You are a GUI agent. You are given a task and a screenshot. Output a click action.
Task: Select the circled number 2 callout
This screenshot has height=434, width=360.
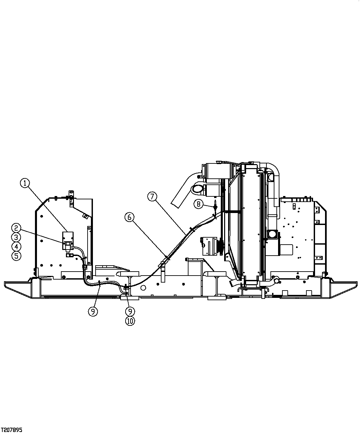click(16, 228)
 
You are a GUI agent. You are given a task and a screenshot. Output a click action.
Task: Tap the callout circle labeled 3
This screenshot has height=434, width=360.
click(16, 237)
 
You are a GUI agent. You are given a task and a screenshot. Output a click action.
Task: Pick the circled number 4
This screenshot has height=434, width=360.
click(16, 247)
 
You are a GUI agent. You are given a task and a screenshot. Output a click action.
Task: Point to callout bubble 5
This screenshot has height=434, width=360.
click(16, 256)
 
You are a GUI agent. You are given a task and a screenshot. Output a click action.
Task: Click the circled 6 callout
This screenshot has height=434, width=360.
click(130, 217)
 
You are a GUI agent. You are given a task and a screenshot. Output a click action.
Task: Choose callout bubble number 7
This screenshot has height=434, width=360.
click(152, 196)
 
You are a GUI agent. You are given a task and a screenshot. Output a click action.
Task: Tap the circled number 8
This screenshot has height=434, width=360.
click(198, 204)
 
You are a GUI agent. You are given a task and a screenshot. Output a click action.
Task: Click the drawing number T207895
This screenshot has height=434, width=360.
click(12, 430)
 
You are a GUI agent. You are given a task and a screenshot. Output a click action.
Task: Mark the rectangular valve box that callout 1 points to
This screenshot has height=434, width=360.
click(68, 237)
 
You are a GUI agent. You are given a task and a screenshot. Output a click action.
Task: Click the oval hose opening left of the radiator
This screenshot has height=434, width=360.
click(197, 189)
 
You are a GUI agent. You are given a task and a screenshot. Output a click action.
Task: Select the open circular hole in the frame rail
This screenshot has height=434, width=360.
click(144, 288)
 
